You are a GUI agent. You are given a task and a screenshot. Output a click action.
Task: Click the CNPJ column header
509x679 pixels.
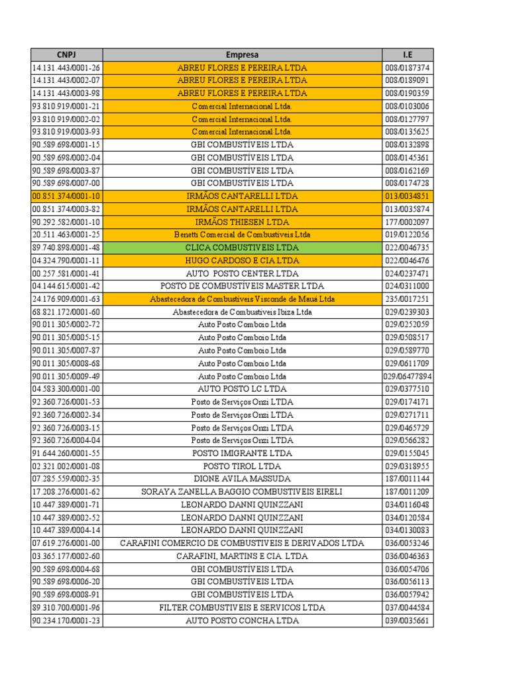click(66, 54)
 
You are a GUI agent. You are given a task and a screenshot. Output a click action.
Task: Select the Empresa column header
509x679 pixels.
click(242, 54)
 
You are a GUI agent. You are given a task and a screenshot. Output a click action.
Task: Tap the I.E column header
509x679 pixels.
click(408, 54)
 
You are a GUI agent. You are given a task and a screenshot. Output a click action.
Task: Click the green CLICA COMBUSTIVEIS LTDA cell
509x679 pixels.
click(242, 247)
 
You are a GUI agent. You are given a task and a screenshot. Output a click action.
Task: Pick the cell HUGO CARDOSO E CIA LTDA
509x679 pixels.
click(242, 261)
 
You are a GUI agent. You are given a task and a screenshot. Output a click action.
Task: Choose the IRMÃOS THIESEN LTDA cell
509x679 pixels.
click(242, 222)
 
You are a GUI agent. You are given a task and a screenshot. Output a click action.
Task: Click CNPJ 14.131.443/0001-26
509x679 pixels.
click(66, 68)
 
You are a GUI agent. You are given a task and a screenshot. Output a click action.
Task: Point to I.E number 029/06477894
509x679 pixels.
click(408, 376)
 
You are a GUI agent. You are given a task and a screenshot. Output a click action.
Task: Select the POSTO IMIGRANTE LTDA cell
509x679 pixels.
click(242, 453)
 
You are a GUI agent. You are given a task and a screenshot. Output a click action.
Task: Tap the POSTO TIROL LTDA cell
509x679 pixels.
click(242, 466)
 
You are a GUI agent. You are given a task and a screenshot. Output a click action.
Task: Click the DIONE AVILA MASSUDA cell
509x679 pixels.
click(242, 479)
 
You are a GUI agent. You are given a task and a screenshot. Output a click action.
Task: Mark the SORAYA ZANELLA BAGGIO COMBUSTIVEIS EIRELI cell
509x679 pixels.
click(242, 492)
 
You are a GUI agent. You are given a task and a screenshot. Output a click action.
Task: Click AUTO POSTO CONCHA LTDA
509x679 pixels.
click(242, 621)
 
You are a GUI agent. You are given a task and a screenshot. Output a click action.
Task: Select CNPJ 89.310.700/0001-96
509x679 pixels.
click(66, 607)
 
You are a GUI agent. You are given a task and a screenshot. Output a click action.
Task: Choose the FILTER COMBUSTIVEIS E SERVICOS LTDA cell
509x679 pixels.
click(242, 607)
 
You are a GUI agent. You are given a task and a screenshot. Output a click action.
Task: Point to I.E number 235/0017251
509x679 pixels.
click(408, 299)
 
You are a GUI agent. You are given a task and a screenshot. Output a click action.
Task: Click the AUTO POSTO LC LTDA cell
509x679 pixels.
click(242, 389)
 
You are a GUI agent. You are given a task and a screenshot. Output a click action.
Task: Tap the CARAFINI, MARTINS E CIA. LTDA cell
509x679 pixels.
click(242, 556)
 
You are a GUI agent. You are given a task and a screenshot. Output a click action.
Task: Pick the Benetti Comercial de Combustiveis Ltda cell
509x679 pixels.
click(242, 235)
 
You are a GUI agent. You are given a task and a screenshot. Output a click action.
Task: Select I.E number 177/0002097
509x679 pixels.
click(408, 222)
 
